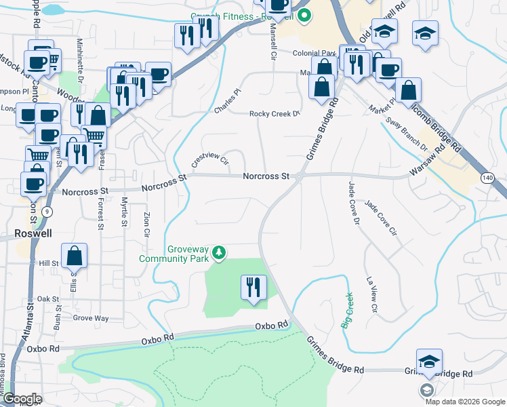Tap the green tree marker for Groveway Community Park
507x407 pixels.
[219, 253]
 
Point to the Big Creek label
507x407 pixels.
[347, 311]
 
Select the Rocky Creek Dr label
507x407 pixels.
[275, 114]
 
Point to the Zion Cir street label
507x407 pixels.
[146, 225]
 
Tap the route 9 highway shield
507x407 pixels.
[46, 212]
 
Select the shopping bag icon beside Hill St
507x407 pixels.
[77, 256]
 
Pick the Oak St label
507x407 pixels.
[48, 298]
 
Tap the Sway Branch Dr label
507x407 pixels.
[407, 136]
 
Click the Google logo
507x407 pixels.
[22, 399]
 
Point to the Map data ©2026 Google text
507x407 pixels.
[465, 401]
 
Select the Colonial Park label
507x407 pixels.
[315, 53]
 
